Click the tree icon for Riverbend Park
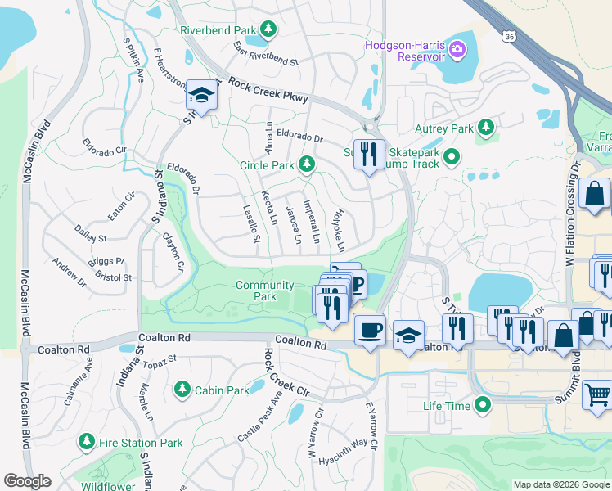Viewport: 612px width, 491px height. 268,30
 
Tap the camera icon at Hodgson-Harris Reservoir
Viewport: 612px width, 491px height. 457,51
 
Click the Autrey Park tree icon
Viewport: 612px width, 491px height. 486,128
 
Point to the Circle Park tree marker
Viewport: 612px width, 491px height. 307,165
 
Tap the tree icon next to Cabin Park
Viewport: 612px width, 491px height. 182,390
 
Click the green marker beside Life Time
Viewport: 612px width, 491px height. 484,405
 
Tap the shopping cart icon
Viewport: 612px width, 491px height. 597,395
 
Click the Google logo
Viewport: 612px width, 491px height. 27,481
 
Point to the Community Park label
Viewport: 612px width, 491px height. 263,291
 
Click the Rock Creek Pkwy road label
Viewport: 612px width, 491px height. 268,90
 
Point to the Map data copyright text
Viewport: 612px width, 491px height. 560,484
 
